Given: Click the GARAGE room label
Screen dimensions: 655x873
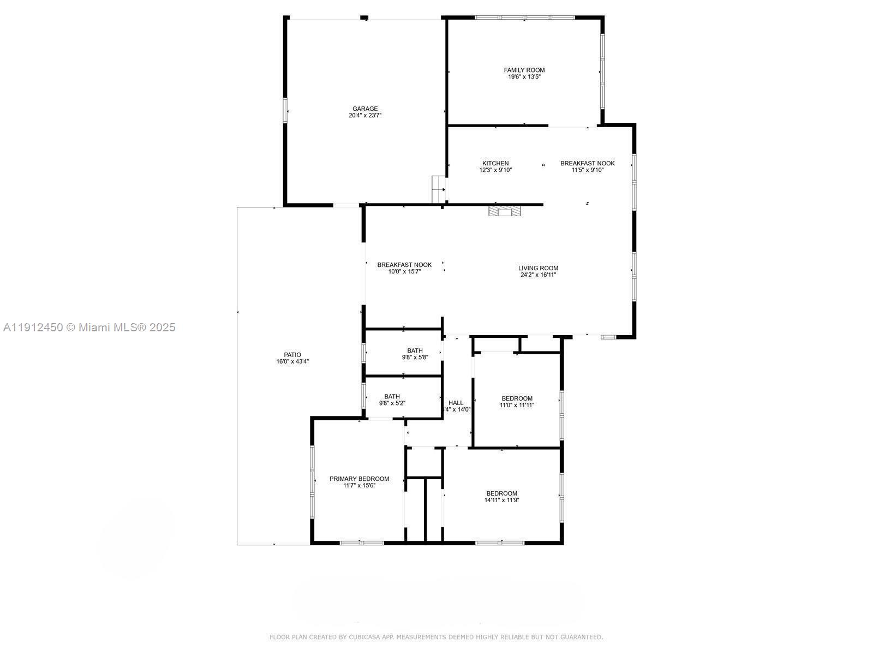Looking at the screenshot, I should (x=364, y=109).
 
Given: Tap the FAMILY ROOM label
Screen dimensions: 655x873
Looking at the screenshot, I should (x=524, y=70).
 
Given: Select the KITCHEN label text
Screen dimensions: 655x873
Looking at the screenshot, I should (x=495, y=163).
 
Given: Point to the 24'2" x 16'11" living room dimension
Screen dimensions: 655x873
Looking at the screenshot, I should (x=537, y=275).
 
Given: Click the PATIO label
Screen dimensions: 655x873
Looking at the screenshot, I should (x=292, y=355).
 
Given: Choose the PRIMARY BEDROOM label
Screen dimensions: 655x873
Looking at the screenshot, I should (x=359, y=479).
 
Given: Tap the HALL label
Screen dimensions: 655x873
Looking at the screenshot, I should (x=456, y=403).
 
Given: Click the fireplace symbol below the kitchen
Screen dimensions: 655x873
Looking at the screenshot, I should (x=504, y=211).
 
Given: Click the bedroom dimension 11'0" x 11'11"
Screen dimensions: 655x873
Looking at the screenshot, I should (x=517, y=405).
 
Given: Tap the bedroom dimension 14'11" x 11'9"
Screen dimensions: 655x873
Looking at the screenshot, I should (x=501, y=500).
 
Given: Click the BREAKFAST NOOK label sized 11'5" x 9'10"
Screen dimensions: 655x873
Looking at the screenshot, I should (x=587, y=163).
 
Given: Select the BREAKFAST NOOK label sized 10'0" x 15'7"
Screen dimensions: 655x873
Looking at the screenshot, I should (x=404, y=265).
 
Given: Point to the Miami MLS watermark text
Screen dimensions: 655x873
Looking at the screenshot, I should (x=89, y=327).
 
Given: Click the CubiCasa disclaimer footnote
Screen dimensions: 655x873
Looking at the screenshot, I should (x=436, y=637).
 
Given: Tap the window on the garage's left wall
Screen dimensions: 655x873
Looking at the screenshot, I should (x=285, y=110).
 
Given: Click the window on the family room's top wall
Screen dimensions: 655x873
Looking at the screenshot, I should (x=524, y=17).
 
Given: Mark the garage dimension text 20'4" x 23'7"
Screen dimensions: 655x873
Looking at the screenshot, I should (x=364, y=116).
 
